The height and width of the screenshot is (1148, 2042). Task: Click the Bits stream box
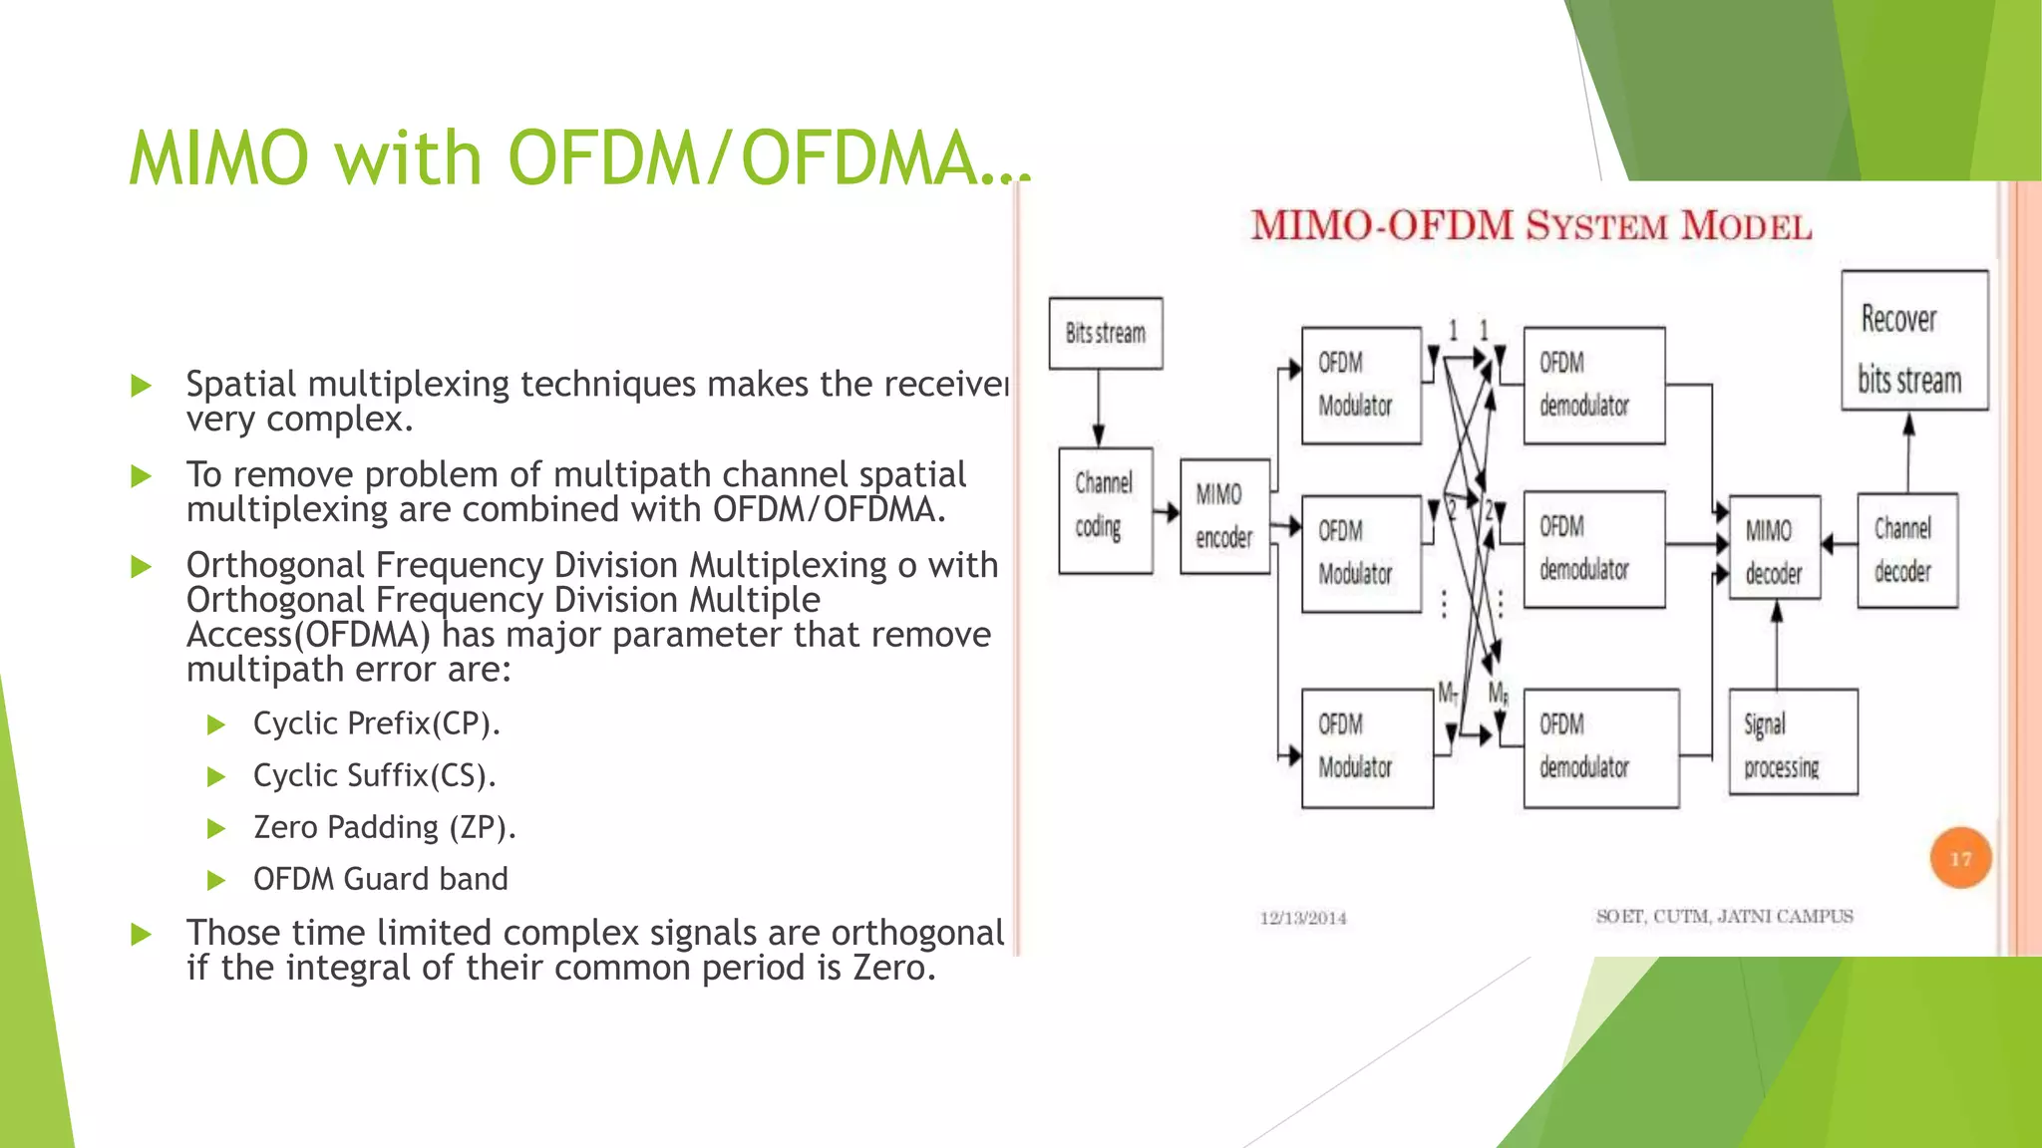pos(1106,333)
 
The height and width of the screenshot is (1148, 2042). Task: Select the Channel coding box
pos(1105,510)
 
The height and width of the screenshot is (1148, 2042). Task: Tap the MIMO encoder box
pos(1224,516)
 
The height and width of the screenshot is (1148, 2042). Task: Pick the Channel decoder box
pos(1906,550)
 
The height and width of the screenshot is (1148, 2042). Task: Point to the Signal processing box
pos(1793,742)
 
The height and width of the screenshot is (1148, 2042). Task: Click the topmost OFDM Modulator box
pos(1361,386)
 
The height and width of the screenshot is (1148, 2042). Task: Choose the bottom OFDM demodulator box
pos(1600,747)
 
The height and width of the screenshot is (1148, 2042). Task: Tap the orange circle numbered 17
pos(1960,858)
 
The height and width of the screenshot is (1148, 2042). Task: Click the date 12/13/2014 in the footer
pos(1302,918)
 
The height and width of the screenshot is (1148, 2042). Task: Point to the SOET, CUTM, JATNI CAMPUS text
pos(1724,916)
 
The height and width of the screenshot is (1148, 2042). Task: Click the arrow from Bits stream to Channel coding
pos(1099,409)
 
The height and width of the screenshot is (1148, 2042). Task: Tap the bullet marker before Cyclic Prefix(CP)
pos(216,725)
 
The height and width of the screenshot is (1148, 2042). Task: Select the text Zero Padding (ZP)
pos(384,827)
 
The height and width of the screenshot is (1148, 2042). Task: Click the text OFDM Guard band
pos(380,879)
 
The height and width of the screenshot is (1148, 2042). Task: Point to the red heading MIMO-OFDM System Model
pos(1531,226)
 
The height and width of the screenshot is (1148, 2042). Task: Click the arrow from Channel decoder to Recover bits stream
pos(1908,451)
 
